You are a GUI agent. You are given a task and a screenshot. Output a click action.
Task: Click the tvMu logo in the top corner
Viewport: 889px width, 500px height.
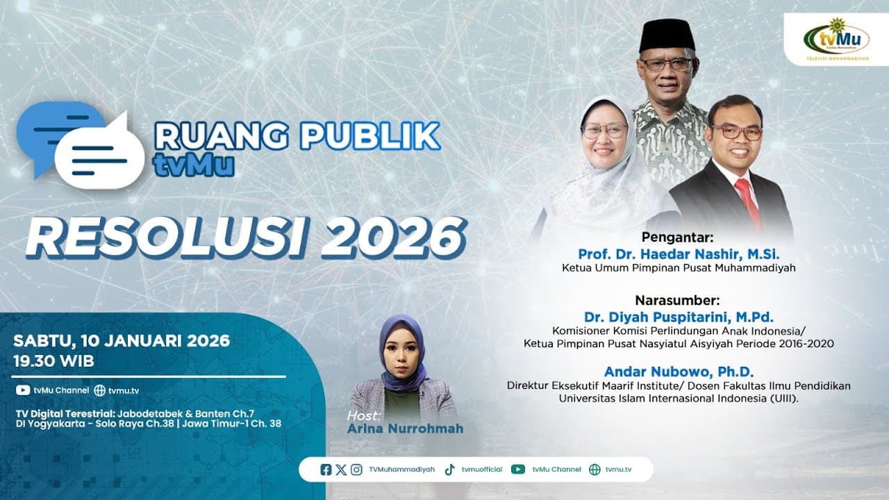[x=836, y=41]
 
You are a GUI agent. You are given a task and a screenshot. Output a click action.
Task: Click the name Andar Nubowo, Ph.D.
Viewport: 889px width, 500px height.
[x=678, y=371]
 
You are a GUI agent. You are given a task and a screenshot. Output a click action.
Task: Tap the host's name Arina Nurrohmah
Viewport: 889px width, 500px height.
[x=404, y=428]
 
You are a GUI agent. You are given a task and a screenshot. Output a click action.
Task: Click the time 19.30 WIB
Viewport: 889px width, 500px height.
[x=54, y=361]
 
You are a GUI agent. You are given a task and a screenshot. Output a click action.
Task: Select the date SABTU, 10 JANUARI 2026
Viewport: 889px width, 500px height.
[x=122, y=341]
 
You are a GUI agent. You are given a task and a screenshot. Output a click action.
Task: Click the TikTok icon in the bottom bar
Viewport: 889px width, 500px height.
[x=450, y=469]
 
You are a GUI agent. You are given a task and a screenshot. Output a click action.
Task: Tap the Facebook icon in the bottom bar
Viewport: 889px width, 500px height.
[x=326, y=469]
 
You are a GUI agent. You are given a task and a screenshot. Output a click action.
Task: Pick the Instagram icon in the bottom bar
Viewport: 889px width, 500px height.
[x=356, y=469]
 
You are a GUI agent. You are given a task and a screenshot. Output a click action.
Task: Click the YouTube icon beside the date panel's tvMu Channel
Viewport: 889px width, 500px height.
[x=23, y=390]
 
